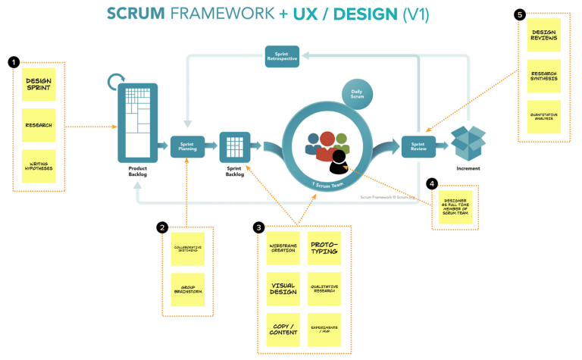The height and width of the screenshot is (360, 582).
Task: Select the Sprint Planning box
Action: click(x=187, y=146)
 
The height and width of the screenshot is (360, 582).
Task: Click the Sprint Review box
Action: click(x=418, y=146)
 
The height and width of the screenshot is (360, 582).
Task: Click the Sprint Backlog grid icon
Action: click(x=234, y=146)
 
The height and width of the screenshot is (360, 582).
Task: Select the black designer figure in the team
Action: click(x=338, y=160)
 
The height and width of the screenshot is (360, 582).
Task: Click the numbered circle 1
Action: click(x=13, y=61)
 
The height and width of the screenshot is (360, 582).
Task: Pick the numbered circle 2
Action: click(x=161, y=227)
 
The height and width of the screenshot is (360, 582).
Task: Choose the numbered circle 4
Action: click(x=431, y=183)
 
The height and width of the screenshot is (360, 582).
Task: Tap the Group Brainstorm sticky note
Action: click(x=186, y=290)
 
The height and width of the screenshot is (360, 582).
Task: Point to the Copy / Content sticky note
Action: click(x=283, y=330)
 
